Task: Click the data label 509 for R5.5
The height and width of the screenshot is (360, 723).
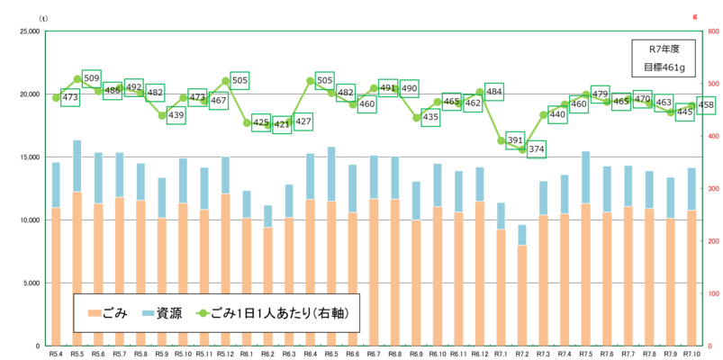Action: pyautogui.click(x=92, y=79)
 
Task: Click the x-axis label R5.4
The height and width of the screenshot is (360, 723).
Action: pyautogui.click(x=56, y=354)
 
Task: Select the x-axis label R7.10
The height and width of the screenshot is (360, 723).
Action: pyautogui.click(x=692, y=354)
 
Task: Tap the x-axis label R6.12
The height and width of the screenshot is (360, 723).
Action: pyautogui.click(x=480, y=354)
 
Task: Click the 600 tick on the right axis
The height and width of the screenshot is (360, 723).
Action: pyautogui.click(x=710, y=31)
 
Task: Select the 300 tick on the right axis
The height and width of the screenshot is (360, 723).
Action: pyautogui.click(x=710, y=189)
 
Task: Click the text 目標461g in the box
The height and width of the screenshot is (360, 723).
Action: pyautogui.click(x=664, y=67)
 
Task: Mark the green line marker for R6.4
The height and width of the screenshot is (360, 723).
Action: pyautogui.click(x=311, y=81)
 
